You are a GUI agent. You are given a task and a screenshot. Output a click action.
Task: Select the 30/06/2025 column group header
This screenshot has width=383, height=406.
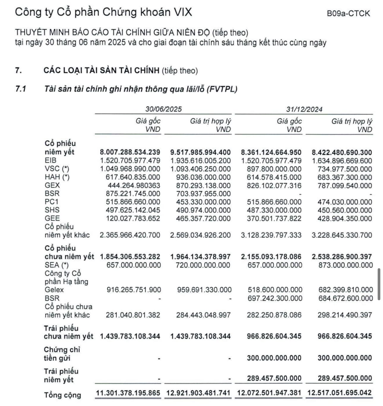[x=163, y=109]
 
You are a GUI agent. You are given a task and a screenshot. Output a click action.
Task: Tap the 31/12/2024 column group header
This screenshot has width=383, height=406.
[x=304, y=109]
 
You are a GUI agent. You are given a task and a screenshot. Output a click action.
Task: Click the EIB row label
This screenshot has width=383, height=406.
[x=50, y=160]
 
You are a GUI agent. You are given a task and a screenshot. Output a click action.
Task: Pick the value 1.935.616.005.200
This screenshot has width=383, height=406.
[x=200, y=161]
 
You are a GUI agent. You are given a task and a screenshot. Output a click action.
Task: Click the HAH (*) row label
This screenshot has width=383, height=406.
[x=57, y=177]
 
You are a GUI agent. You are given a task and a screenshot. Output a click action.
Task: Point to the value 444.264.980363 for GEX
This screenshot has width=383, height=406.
[x=134, y=186]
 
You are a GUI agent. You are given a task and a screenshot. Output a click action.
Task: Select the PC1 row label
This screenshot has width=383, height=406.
[x=52, y=202]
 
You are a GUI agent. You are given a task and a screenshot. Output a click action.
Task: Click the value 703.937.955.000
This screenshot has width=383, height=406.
[x=200, y=194]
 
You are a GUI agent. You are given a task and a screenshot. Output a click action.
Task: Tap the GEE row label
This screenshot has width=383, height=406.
[x=52, y=218]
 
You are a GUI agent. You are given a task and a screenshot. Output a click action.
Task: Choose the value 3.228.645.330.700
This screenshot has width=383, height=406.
[x=342, y=235]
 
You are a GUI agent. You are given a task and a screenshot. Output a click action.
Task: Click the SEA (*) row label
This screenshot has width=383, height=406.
[x=57, y=265]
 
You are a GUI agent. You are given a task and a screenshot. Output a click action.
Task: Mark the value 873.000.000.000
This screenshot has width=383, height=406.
[x=346, y=265]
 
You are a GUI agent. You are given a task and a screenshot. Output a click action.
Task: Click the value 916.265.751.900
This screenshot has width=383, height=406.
[x=134, y=290]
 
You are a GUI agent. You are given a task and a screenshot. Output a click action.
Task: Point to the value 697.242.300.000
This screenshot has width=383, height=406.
[x=275, y=298]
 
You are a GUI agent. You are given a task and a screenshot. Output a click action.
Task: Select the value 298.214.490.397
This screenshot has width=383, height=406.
[x=345, y=315]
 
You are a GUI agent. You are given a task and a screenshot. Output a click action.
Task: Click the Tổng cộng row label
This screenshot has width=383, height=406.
[x=62, y=395]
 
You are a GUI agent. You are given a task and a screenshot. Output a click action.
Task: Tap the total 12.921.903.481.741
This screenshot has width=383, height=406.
[x=198, y=393]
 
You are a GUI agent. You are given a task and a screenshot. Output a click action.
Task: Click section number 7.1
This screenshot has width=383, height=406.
[x=21, y=89]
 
